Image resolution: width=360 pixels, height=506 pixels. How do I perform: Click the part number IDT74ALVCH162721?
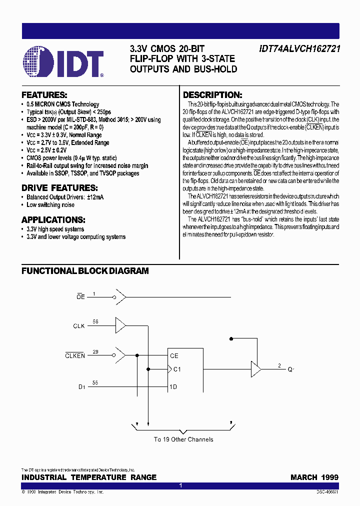(x=299, y=49)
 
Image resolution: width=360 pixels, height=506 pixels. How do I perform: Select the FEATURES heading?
(x=44, y=95)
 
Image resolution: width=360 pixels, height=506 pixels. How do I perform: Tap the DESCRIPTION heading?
(x=212, y=95)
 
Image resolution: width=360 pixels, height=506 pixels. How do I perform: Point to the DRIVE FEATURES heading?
(x=59, y=188)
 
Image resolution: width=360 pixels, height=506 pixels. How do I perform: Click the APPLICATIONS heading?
(x=53, y=220)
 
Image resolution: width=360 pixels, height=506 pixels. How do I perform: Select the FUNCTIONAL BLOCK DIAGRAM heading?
(x=85, y=271)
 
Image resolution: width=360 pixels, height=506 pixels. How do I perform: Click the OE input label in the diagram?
(x=80, y=297)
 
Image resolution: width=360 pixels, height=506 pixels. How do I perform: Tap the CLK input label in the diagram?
(x=79, y=326)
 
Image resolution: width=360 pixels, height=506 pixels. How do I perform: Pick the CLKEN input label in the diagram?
(x=75, y=355)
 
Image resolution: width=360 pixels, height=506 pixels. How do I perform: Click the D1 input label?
(x=81, y=386)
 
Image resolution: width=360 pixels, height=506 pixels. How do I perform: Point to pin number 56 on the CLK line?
(x=95, y=322)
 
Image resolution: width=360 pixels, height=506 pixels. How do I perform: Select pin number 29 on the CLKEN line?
(x=95, y=352)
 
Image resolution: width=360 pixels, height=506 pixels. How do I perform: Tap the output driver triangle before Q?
(x=255, y=370)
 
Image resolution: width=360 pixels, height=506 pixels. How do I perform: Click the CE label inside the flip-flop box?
(x=174, y=356)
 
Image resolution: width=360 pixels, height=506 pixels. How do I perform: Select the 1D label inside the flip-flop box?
(x=173, y=386)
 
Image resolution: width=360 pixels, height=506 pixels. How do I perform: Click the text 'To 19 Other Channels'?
(x=183, y=439)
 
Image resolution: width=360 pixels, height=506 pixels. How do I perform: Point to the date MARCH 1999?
(x=314, y=477)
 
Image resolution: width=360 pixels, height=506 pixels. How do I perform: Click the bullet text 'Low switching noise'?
(x=50, y=205)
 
